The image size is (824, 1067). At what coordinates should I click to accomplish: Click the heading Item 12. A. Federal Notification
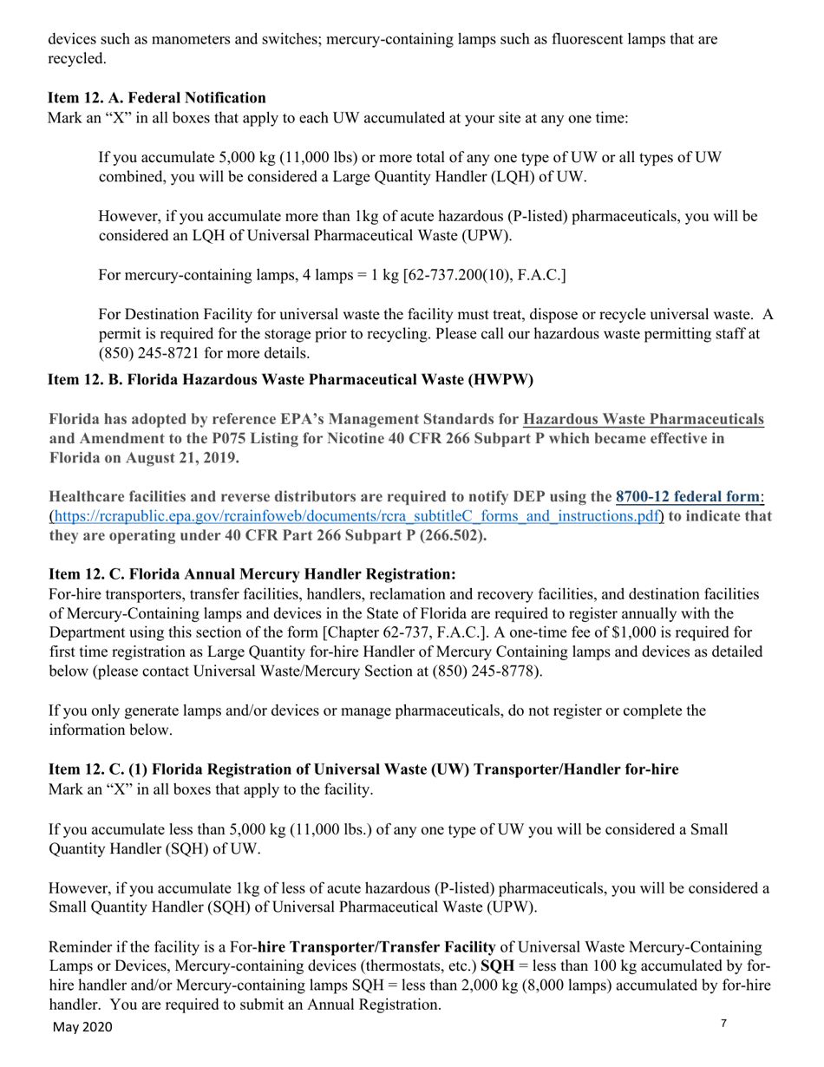(157, 98)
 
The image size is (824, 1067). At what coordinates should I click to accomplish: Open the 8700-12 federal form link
(689, 497)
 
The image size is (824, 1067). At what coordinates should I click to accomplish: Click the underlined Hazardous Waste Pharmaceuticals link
(644, 420)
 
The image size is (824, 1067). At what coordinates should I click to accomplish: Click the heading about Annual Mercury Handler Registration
(252, 574)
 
